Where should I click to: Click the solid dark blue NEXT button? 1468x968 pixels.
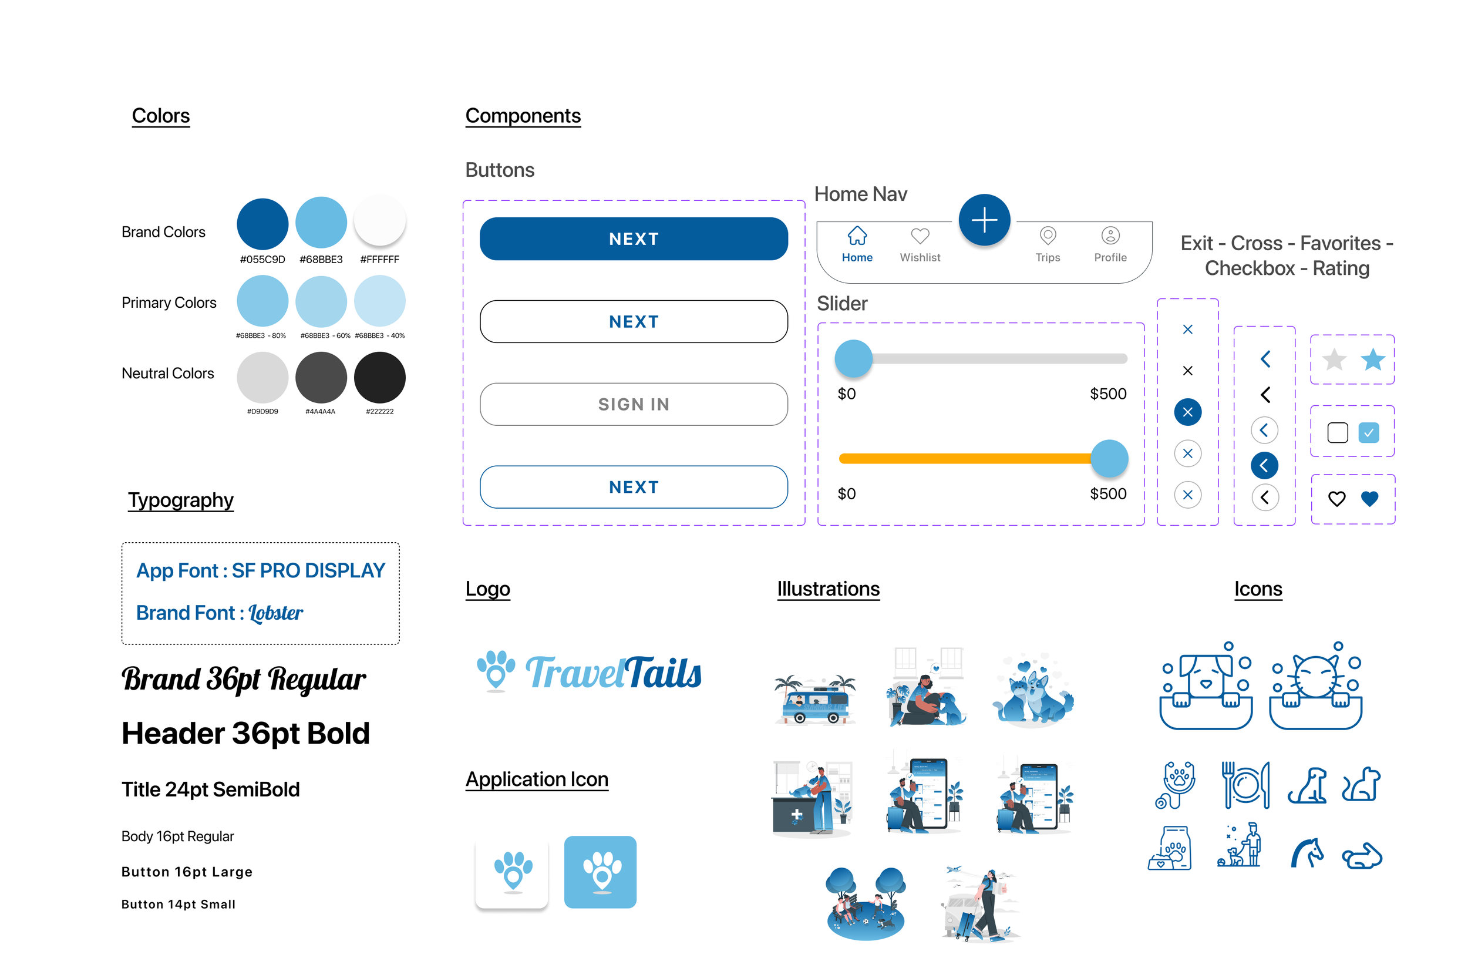(633, 239)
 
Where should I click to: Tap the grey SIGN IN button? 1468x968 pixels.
(633, 404)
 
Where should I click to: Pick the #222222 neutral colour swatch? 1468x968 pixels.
(379, 377)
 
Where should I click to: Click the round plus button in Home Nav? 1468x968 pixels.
(984, 220)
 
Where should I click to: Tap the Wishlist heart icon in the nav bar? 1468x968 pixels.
(920, 236)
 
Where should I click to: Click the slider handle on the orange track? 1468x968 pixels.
(1109, 459)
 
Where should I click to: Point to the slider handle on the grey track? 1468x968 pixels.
(853, 359)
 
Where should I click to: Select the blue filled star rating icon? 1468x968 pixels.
(1372, 359)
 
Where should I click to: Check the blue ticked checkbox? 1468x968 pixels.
(1368, 433)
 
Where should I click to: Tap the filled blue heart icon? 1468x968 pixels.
(1369, 498)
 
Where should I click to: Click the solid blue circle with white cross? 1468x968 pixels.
(1187, 412)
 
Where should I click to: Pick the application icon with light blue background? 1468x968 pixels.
(600, 872)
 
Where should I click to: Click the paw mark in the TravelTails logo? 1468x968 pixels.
(496, 670)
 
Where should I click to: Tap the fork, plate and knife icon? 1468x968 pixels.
(1245, 785)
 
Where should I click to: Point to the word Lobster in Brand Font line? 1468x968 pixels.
(275, 613)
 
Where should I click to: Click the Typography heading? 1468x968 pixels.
(180, 500)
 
